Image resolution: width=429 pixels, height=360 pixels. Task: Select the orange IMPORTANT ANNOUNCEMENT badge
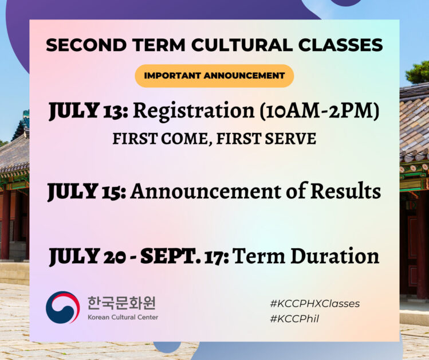coord(214,76)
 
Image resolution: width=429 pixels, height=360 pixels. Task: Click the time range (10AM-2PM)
coord(318,112)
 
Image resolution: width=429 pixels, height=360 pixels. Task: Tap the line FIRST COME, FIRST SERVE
coord(214,139)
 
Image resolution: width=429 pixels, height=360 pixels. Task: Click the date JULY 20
coord(88,256)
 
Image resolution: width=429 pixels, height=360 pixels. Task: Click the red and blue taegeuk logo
coord(62,308)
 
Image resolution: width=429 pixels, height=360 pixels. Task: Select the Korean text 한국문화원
coord(121,302)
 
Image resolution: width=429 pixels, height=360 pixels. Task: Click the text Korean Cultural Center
coord(123,317)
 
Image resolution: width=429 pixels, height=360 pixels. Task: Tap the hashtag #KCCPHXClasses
coord(314,303)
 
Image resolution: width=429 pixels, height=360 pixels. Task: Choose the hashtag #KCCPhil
coord(294,319)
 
